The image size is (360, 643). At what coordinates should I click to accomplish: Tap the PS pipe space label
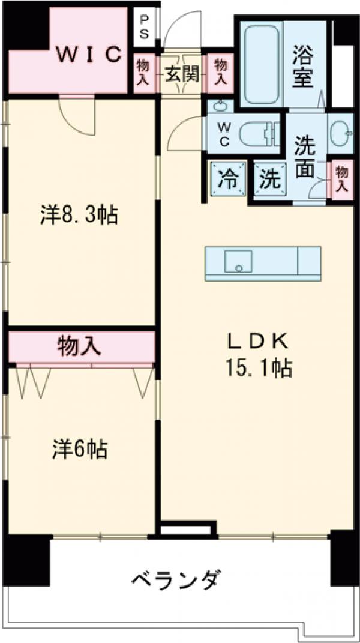pos(145,26)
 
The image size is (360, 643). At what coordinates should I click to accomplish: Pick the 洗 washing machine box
pos(269,179)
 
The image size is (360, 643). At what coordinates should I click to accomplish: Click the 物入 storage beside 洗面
pos(342,179)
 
